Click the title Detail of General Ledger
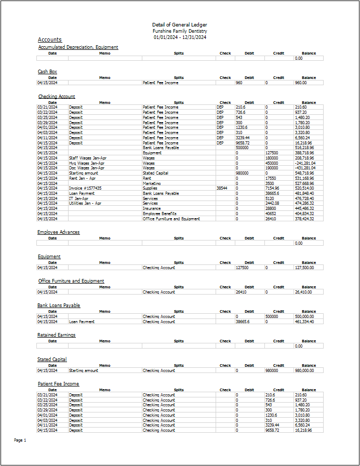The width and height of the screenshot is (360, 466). coord(180,25)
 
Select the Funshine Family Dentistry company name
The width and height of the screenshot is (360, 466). coord(180,31)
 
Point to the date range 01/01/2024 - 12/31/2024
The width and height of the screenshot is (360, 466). coord(180,37)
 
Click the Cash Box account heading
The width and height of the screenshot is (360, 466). coord(47,72)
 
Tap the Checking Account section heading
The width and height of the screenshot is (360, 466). coord(57,97)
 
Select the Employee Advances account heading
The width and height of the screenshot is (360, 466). coord(59,232)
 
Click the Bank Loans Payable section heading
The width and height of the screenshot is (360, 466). coord(59,305)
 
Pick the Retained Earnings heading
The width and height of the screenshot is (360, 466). coord(57,335)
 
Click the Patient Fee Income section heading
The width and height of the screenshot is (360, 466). coord(59,384)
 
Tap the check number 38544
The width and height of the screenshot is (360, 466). coord(222,188)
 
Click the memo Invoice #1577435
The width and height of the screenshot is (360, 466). coord(85,188)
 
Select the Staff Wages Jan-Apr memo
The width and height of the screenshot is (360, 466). coord(87,158)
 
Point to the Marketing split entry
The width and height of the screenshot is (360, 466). coord(152,183)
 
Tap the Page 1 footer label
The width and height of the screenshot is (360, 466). coord(20,440)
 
